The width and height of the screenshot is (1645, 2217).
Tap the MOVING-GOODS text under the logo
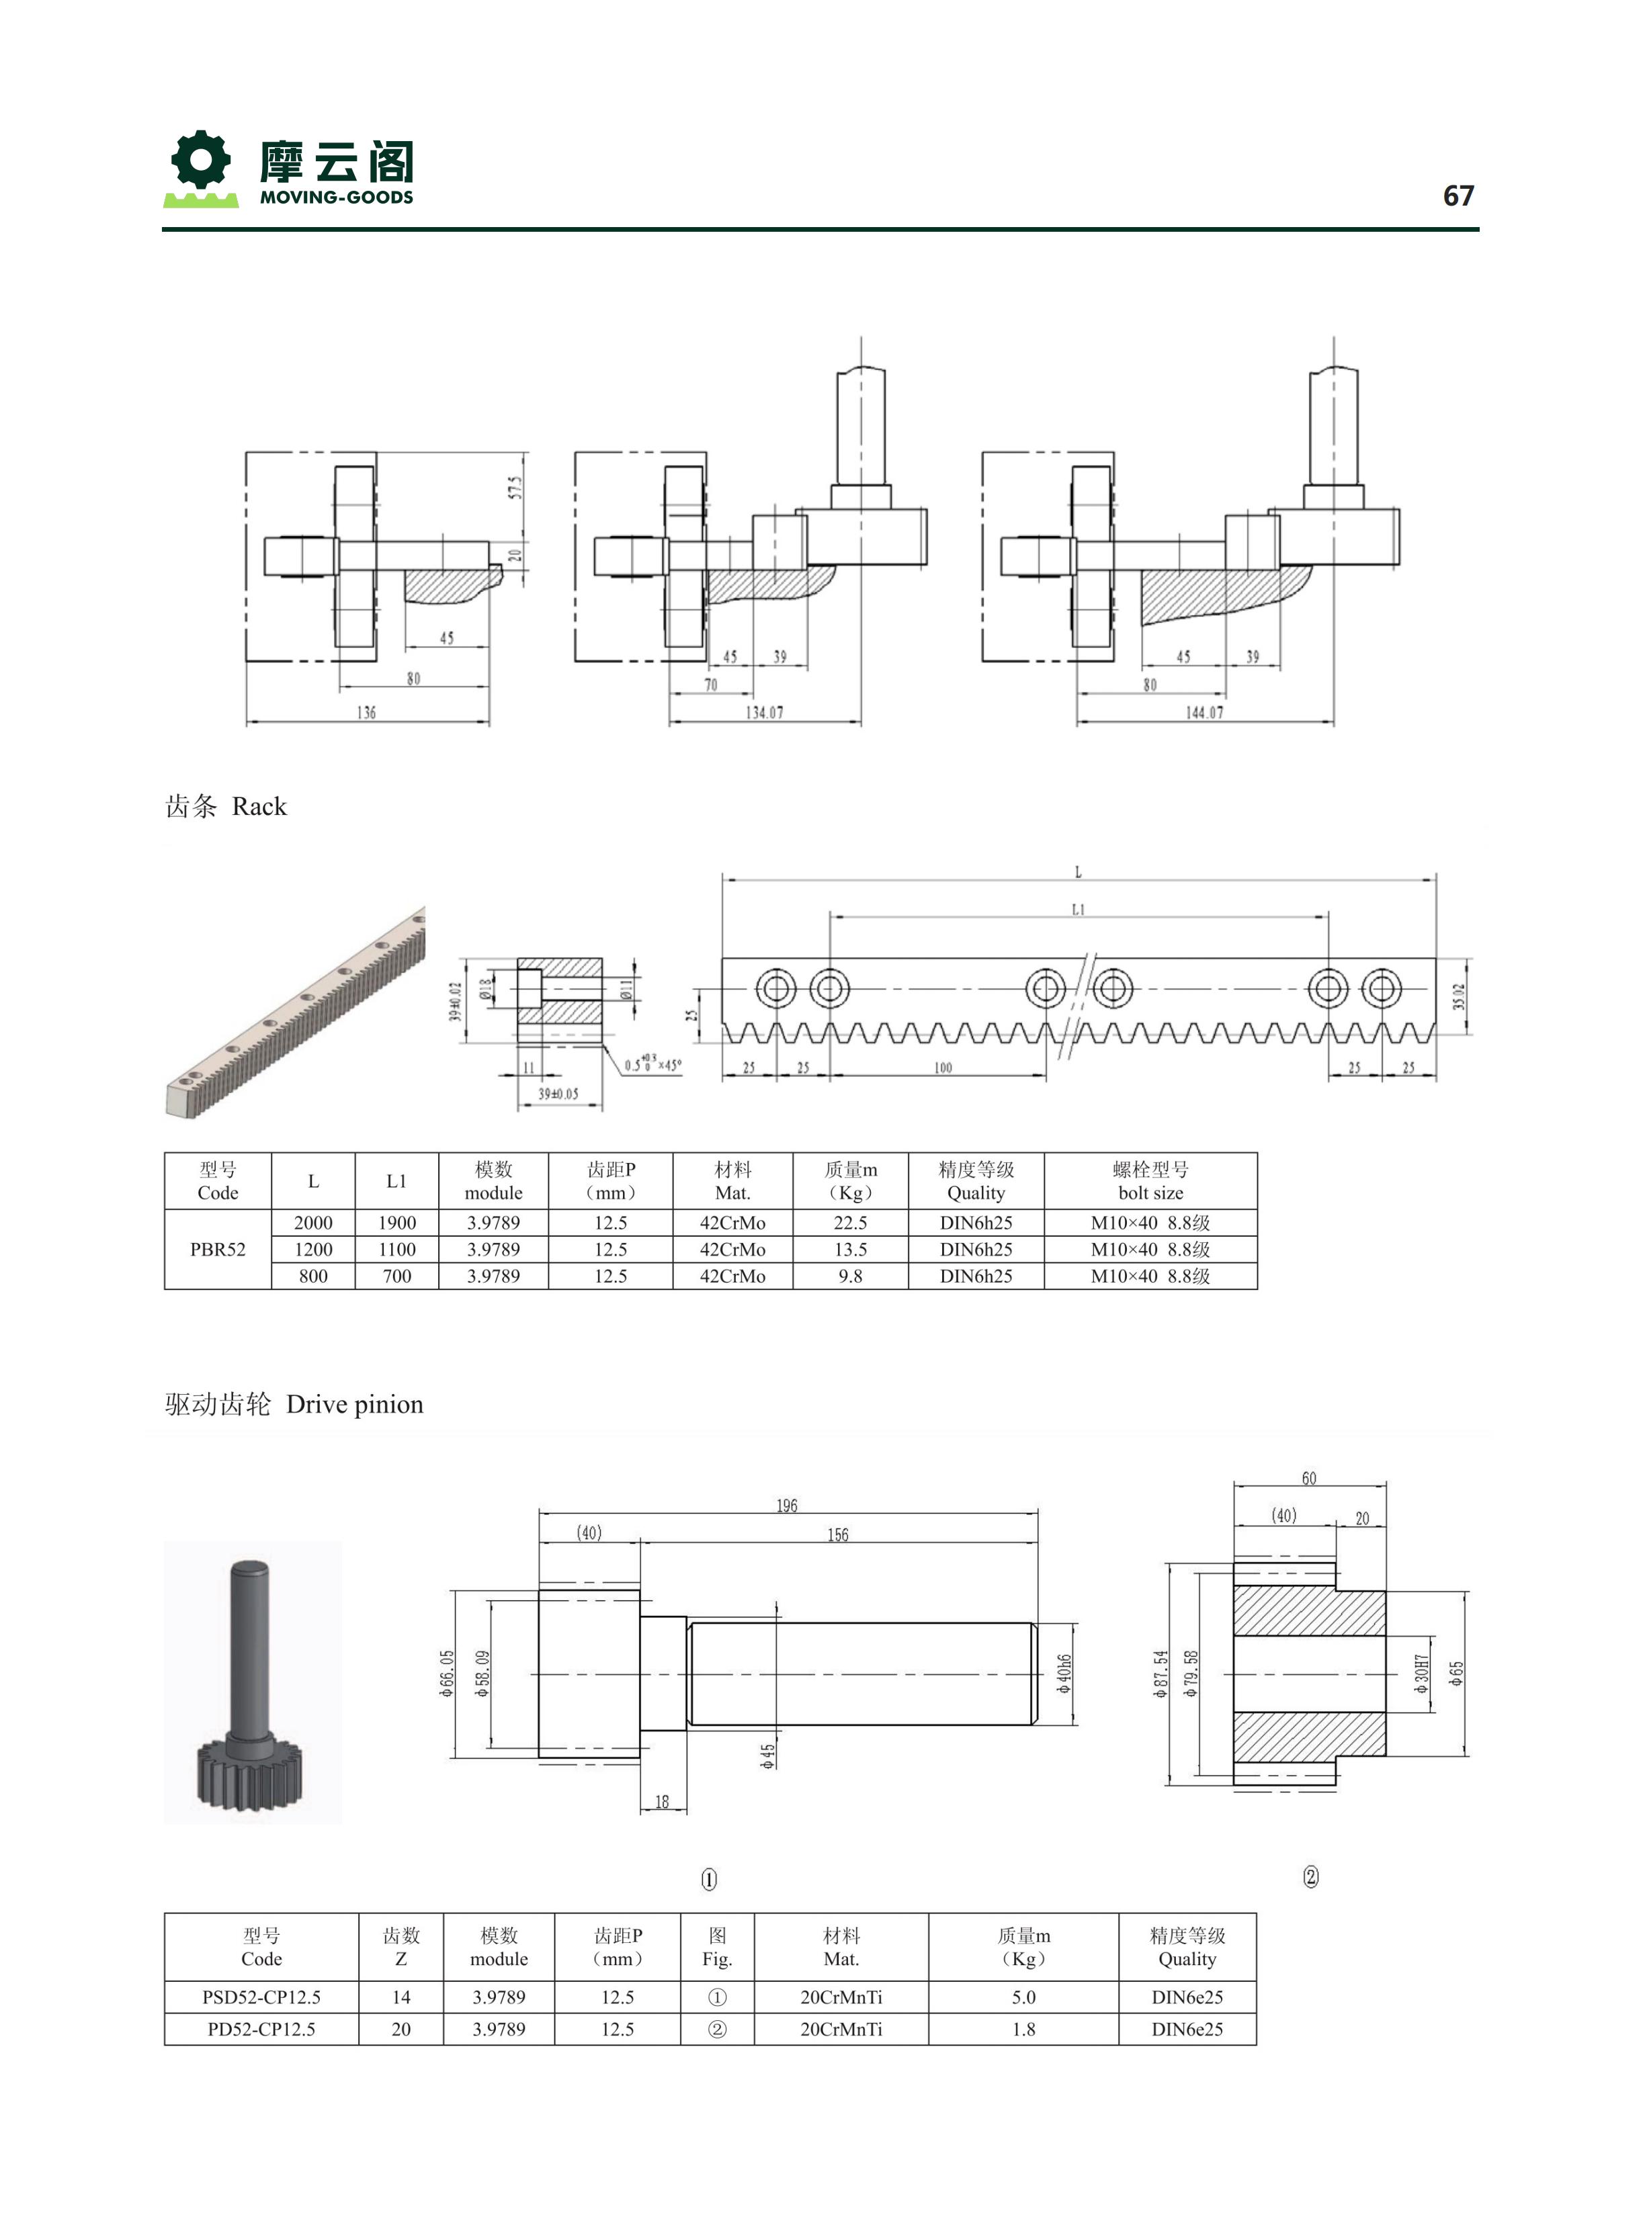(x=337, y=197)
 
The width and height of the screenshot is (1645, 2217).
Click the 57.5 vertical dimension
(x=515, y=488)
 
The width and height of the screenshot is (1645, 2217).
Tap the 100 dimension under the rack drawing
(x=942, y=1068)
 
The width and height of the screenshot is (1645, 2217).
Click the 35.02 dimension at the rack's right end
(x=1459, y=996)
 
